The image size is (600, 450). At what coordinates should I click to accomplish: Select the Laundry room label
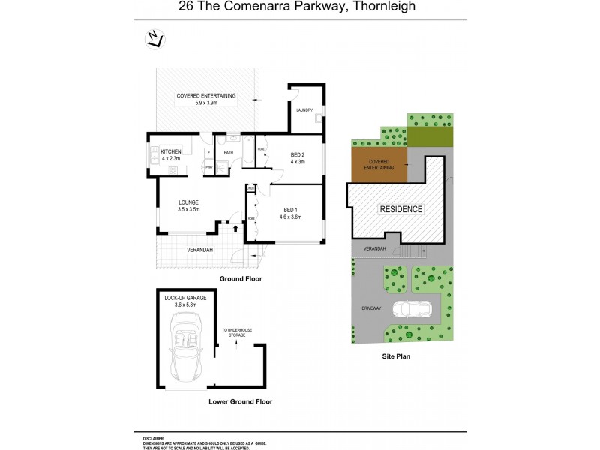[304, 110]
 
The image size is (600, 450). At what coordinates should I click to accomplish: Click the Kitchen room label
[171, 155]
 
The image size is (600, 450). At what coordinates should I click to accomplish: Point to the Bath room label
[228, 153]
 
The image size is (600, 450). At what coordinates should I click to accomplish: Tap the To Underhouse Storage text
[236, 333]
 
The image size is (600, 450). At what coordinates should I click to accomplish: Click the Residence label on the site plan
[400, 209]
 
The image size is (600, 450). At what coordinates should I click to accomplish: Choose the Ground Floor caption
[239, 278]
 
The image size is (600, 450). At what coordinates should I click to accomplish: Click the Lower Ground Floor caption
[240, 401]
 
